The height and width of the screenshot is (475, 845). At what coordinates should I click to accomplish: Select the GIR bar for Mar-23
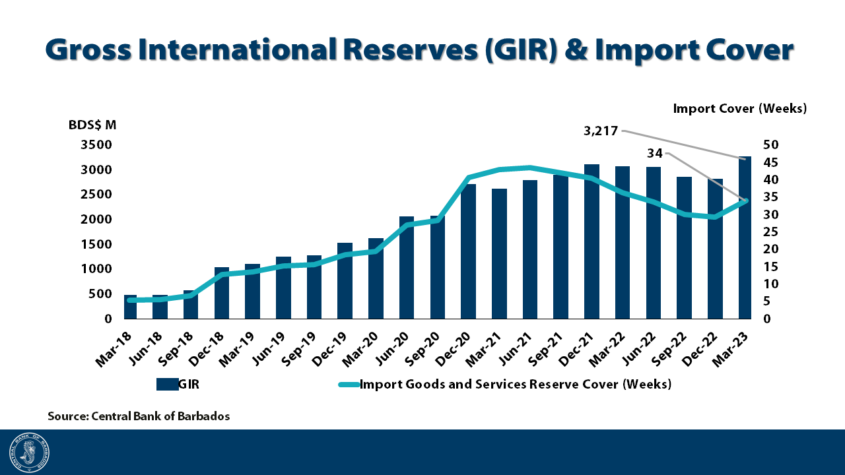tap(745, 237)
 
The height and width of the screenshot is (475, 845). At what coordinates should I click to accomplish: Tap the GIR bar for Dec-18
tap(222, 293)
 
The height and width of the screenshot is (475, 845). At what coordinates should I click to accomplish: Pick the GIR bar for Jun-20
tap(407, 267)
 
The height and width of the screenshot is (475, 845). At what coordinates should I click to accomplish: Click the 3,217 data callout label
tap(601, 131)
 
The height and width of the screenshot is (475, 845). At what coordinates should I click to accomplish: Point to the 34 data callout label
tap(655, 154)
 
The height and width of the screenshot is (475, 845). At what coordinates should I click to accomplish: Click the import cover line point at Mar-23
tap(745, 201)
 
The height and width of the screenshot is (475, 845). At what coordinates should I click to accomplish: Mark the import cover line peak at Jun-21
tap(530, 168)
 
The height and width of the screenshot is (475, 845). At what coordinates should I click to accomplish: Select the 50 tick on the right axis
tap(771, 145)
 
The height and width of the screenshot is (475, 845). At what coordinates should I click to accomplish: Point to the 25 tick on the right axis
tap(771, 232)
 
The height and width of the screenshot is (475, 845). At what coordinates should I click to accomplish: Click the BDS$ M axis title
tap(92, 125)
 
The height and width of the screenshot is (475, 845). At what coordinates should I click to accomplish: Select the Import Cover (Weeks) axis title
tap(740, 109)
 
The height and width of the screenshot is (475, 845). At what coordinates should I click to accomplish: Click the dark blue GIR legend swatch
tap(167, 385)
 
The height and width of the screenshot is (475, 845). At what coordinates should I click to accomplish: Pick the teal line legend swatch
tap(349, 385)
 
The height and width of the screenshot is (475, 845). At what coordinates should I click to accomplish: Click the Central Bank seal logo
tap(29, 453)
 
